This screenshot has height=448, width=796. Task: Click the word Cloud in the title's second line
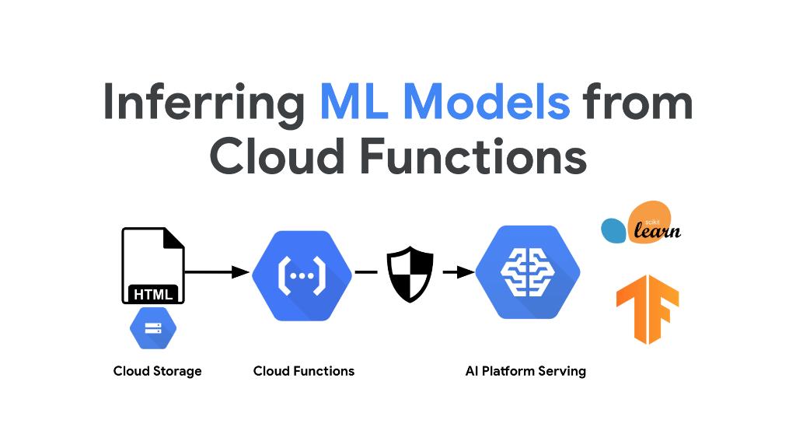coord(276,156)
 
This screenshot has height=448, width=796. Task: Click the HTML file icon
coord(153,264)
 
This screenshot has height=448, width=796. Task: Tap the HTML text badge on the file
coord(153,294)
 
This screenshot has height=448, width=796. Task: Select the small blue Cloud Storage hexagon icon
coord(153,327)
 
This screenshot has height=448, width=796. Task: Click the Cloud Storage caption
coord(157,371)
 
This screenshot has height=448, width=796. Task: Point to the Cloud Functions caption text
coord(303,371)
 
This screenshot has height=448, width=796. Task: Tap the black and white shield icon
coord(410,274)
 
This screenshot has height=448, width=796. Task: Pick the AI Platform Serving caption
coord(525,371)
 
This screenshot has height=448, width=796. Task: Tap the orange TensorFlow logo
coord(647,309)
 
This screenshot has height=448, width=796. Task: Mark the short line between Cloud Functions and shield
coord(366,272)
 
